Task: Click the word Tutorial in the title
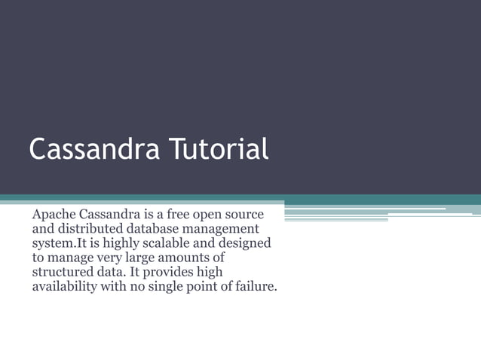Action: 218,149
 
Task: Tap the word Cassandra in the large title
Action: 93,149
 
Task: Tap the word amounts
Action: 199,258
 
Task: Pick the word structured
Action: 63,273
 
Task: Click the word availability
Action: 64,287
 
